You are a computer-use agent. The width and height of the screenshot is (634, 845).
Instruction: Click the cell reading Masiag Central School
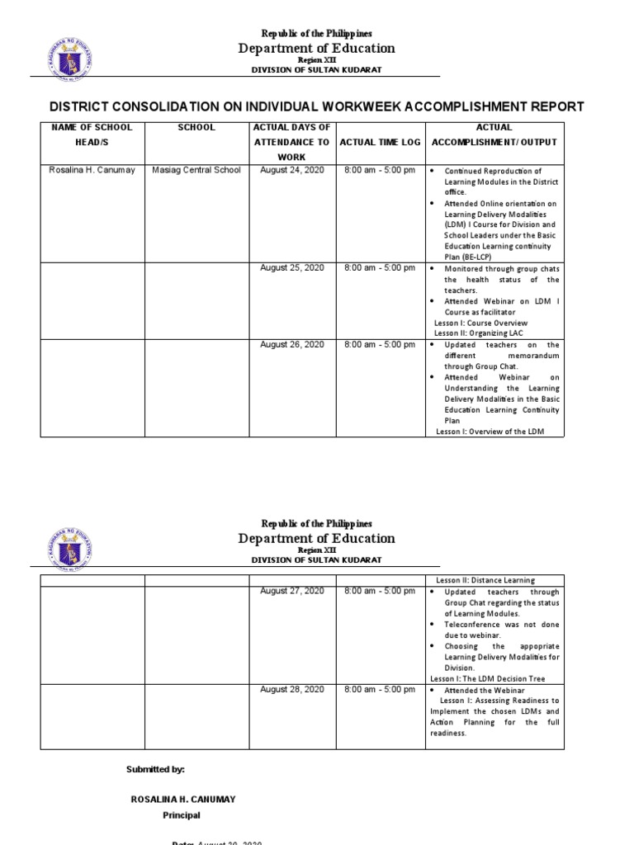(x=196, y=170)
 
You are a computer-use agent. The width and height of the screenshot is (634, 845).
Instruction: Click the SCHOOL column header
(x=196, y=127)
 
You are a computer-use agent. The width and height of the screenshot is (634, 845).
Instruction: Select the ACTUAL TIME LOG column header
(x=380, y=142)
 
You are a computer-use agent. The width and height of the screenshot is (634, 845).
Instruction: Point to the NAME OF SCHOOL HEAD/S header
(x=92, y=135)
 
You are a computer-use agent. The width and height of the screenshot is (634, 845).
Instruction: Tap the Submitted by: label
(x=155, y=769)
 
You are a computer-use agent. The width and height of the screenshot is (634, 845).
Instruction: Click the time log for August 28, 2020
(x=380, y=689)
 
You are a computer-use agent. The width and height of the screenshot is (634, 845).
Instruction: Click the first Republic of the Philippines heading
(x=317, y=33)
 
